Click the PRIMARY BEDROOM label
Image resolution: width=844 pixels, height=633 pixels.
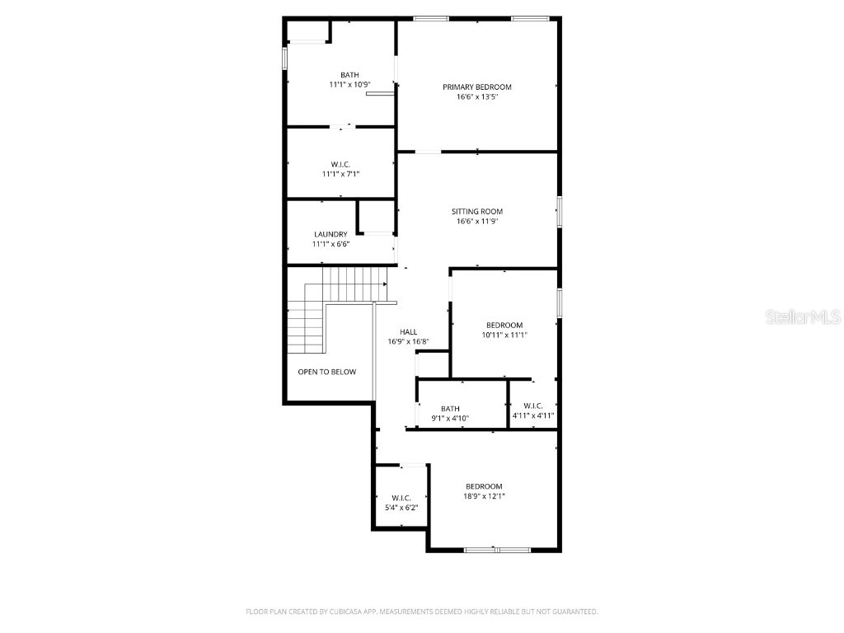click(x=476, y=87)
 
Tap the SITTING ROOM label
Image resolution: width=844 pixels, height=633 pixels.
click(x=476, y=212)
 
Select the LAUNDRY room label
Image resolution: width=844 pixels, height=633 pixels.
click(x=330, y=234)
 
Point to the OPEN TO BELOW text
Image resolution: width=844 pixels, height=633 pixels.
click(x=326, y=372)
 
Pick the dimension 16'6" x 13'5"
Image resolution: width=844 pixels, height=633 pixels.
click(x=476, y=97)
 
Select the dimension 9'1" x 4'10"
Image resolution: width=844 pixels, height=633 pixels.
click(x=450, y=419)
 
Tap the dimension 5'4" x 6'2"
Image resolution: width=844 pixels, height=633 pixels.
click(x=401, y=508)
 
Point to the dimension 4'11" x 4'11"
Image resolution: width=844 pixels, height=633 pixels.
click(x=532, y=415)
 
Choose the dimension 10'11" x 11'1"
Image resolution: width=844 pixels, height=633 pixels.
click(x=504, y=335)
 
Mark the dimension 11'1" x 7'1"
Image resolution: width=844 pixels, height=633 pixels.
click(x=340, y=174)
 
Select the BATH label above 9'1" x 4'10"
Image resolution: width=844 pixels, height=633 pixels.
click(x=450, y=409)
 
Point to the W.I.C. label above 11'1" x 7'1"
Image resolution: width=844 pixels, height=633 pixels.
click(x=340, y=164)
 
